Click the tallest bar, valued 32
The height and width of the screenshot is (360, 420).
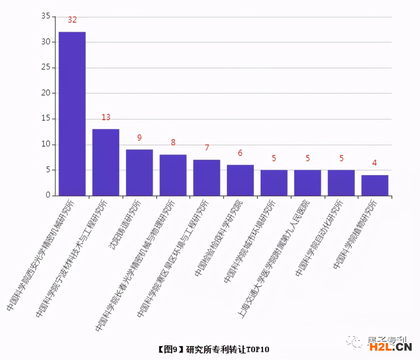[x=72, y=114]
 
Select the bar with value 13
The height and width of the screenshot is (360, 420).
[x=106, y=162]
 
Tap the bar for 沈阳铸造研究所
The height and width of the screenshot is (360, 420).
[x=139, y=173]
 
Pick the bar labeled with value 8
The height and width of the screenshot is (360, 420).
[x=173, y=175]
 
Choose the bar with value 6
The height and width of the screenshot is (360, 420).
[x=240, y=180]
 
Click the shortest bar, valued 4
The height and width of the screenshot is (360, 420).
[x=374, y=186]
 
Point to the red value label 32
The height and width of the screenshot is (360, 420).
[x=72, y=20]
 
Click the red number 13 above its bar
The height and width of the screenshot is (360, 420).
[x=106, y=117]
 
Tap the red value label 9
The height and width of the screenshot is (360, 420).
[x=139, y=138]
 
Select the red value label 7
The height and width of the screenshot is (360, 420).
[x=206, y=148]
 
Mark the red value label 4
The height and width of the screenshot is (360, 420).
[x=374, y=163]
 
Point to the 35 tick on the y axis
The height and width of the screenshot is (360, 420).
[x=45, y=16]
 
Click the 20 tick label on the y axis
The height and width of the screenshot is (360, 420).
[x=45, y=93]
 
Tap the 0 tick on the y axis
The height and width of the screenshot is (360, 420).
[x=48, y=196]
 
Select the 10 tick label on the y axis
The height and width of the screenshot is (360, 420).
[x=45, y=145]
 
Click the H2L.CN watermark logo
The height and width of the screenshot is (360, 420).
[x=390, y=348]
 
